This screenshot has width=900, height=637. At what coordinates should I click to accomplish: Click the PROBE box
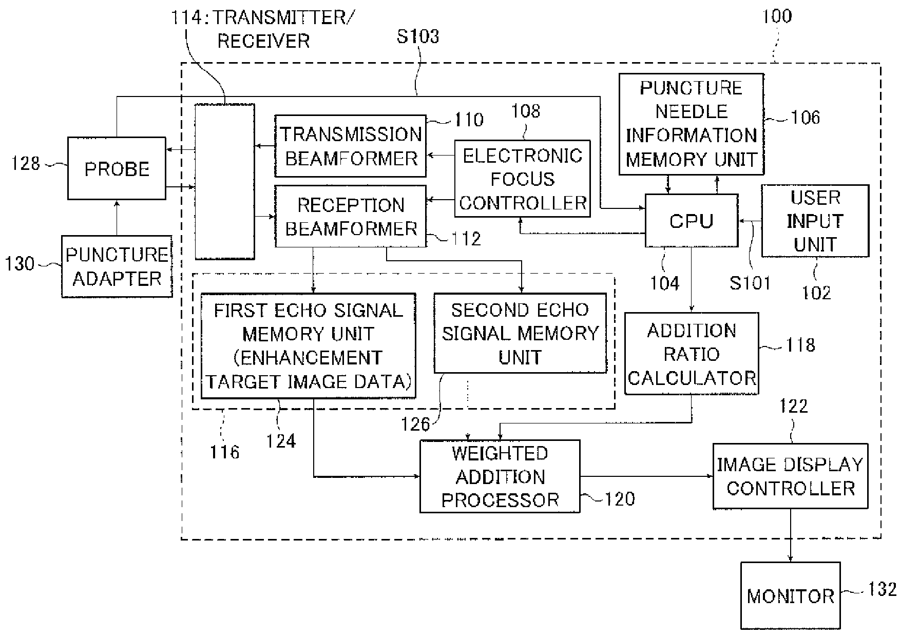click(117, 168)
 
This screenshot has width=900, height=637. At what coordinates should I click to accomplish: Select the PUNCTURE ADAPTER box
click(117, 266)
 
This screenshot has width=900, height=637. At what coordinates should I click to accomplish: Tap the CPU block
click(692, 221)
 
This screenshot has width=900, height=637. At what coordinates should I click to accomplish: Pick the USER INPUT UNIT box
click(815, 221)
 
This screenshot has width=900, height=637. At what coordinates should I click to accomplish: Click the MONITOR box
click(791, 595)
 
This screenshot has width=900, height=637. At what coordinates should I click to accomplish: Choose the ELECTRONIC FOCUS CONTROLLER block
click(523, 179)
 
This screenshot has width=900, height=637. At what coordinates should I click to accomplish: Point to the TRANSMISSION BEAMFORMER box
click(351, 146)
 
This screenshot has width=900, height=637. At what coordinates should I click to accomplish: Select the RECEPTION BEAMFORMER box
click(351, 217)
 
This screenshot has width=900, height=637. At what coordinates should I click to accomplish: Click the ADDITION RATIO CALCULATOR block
click(692, 354)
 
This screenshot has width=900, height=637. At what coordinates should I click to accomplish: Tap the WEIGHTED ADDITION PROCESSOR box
click(500, 476)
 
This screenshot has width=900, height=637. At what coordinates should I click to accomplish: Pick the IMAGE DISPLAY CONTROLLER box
click(791, 476)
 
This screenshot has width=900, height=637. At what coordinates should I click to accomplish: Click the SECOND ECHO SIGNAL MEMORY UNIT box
click(520, 333)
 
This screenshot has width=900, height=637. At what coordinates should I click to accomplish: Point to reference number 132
click(882, 589)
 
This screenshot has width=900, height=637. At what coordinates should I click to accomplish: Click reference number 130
click(20, 264)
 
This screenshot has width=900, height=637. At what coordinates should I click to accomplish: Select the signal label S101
click(750, 283)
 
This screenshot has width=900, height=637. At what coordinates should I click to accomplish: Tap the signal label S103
click(418, 36)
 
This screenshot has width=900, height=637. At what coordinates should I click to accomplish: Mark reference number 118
click(800, 345)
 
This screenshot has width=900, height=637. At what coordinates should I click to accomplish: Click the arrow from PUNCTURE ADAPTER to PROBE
click(117, 218)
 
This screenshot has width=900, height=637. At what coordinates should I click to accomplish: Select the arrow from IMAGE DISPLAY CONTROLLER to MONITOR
click(791, 535)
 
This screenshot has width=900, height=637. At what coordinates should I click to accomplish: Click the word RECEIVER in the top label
click(263, 41)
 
